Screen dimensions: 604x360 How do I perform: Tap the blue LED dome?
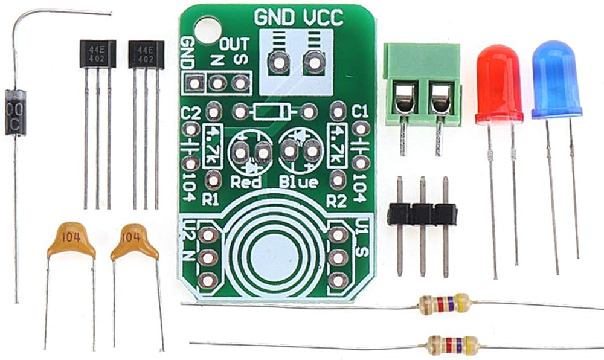[557, 79]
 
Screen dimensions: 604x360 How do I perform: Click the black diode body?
[15, 112]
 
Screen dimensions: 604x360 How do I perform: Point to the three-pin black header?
[422, 213]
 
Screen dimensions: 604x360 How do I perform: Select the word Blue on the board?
[298, 182]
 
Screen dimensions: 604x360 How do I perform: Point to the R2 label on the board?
[336, 200]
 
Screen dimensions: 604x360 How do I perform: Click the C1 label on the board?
[359, 111]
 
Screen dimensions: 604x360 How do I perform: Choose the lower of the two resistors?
[452, 346]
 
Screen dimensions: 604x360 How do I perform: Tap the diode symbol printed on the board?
[274, 111]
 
